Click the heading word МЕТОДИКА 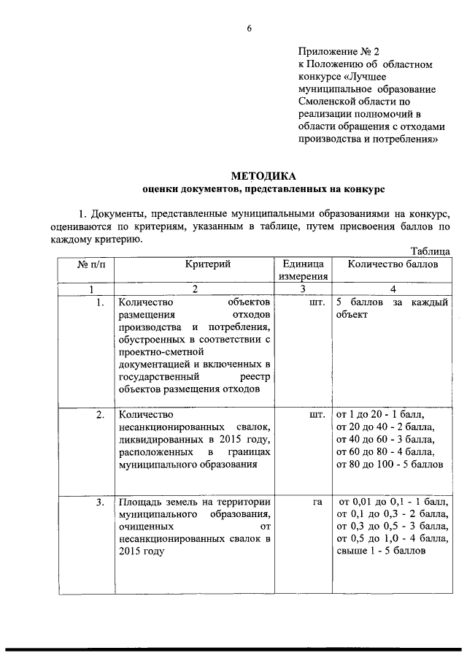(x=263, y=176)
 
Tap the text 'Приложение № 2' (x=339, y=52)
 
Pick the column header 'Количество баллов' (x=393, y=264)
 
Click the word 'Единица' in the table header (x=301, y=264)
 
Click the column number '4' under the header (x=393, y=289)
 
